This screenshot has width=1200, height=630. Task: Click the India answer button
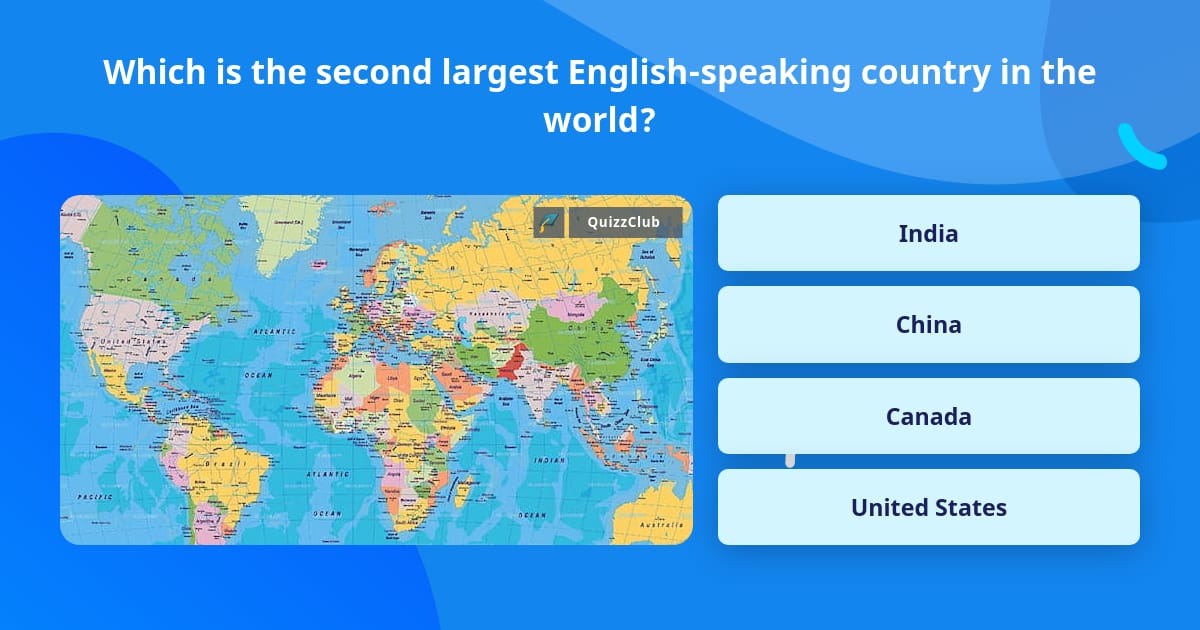coord(928,233)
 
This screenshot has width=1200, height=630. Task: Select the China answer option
coord(928,324)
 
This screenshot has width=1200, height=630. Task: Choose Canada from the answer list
coord(928,416)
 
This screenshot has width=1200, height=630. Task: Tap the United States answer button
coord(928,507)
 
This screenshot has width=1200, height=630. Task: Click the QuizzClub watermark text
coord(623,222)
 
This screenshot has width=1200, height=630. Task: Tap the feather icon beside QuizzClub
coord(549,222)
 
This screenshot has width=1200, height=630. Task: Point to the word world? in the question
coord(599,121)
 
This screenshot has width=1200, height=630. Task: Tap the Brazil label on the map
coord(219,464)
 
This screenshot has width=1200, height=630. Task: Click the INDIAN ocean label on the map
coord(549,461)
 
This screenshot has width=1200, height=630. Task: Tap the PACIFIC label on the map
coord(94,496)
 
